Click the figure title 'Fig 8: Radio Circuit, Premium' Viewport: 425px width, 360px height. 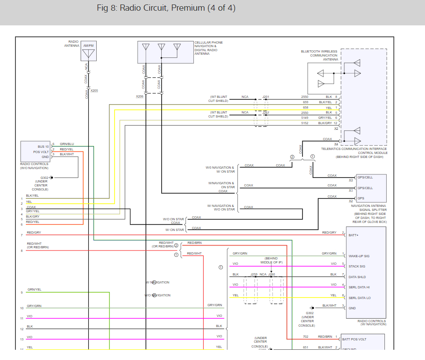click(x=166, y=8)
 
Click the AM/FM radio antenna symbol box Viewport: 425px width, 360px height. click(x=89, y=51)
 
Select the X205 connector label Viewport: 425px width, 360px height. click(x=94, y=91)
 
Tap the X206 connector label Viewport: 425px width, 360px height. click(x=140, y=96)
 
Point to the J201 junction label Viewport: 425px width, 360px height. click(x=266, y=97)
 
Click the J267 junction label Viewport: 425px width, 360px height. click(x=266, y=113)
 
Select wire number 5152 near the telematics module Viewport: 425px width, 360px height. click(x=305, y=123)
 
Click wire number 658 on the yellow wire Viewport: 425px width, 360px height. click(x=306, y=107)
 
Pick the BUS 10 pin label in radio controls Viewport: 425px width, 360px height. click(x=43, y=146)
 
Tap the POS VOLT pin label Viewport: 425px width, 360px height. click(x=41, y=152)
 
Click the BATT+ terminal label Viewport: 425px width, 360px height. click(x=353, y=235)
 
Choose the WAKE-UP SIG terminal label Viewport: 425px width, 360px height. click(x=359, y=256)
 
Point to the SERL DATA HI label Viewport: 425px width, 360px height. click(x=359, y=287)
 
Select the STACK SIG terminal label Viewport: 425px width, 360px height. click(x=356, y=266)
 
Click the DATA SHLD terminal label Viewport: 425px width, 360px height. click(x=357, y=277)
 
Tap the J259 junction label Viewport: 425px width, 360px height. click(x=254, y=275)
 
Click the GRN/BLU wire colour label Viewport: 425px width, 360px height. click(x=67, y=144)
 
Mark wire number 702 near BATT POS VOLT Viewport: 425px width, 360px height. click(x=306, y=337)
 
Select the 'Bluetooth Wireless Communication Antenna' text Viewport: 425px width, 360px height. click(x=324, y=55)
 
